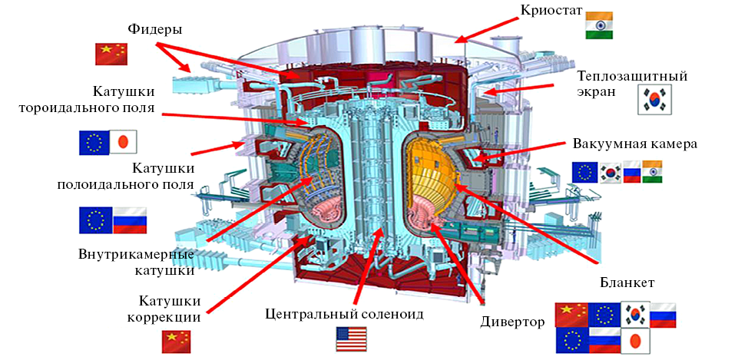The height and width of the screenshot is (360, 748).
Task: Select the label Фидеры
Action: click(154, 30)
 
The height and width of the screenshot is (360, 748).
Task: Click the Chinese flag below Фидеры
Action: click(111, 54)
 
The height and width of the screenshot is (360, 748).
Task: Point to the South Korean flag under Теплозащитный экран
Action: click(653, 101)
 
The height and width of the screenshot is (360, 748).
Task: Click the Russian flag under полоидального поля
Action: click(129, 220)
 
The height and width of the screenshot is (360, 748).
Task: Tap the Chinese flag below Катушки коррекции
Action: click(176, 342)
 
